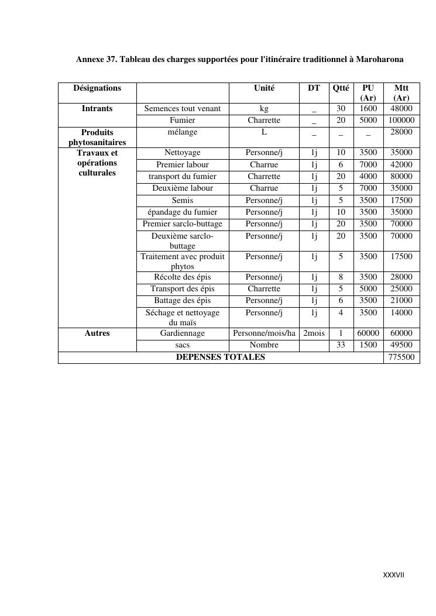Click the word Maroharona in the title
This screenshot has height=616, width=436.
tap(380, 60)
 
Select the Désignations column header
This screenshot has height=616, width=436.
tap(97, 88)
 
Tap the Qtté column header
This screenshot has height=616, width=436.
tap(341, 88)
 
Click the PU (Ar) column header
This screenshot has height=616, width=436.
tap(368, 93)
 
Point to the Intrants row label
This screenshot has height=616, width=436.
tap(97, 109)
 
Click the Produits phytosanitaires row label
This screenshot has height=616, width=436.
tap(97, 137)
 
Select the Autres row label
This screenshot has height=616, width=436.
tap(97, 333)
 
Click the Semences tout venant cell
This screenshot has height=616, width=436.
tap(183, 109)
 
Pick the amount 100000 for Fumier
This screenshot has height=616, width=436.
tap(401, 121)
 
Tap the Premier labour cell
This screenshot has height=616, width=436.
tap(183, 165)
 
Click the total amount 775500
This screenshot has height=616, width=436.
tap(401, 357)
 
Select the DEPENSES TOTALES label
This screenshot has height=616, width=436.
tap(221, 357)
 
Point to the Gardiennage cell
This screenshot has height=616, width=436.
tap(183, 333)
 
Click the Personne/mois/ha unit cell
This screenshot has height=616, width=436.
tap(264, 333)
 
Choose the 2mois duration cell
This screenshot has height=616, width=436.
tap(314, 333)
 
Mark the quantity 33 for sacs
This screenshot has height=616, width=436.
tap(341, 345)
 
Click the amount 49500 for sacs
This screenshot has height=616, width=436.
tap(401, 345)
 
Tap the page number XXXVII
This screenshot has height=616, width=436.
tap(393, 575)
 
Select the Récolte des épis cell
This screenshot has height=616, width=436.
tap(183, 277)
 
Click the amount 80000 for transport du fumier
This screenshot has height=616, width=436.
tap(401, 177)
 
